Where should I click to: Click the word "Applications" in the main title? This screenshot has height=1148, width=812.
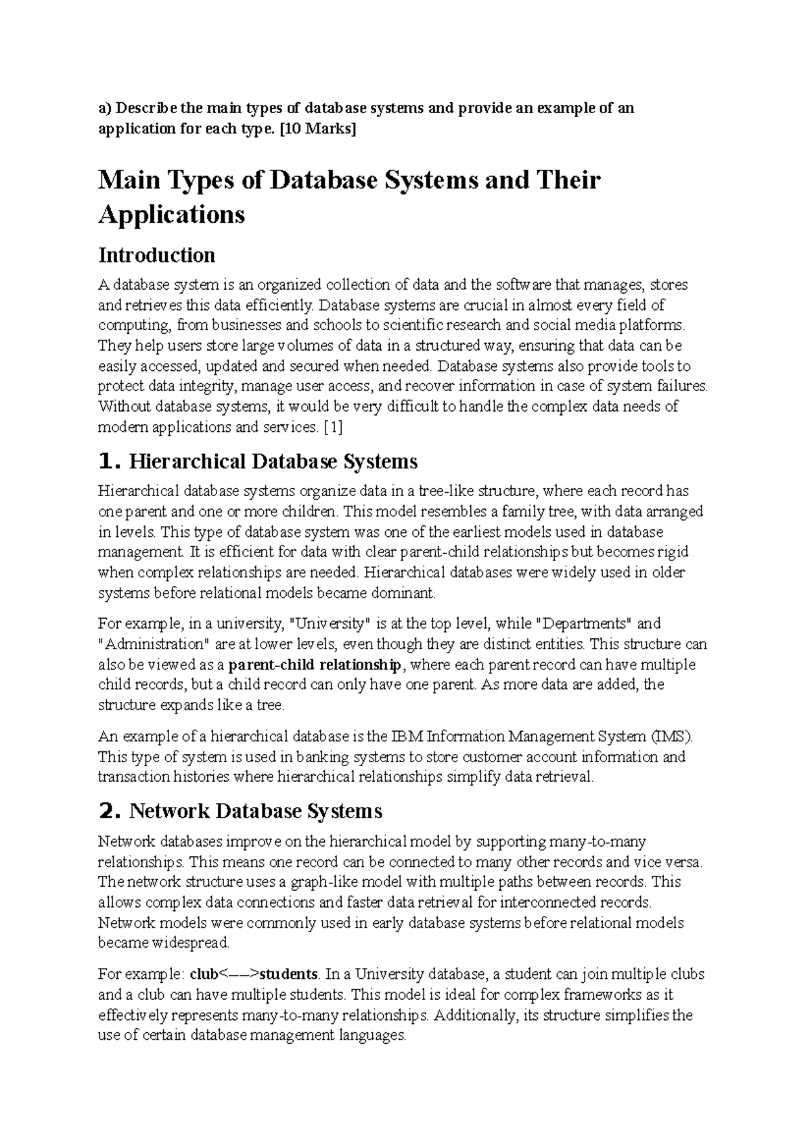coord(172,215)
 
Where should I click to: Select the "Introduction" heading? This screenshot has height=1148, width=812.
coord(157,255)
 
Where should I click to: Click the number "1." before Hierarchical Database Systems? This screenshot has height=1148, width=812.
coord(110,462)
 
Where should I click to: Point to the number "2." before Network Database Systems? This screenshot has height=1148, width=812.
coord(110,811)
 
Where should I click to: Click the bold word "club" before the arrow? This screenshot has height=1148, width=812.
coord(204,975)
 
